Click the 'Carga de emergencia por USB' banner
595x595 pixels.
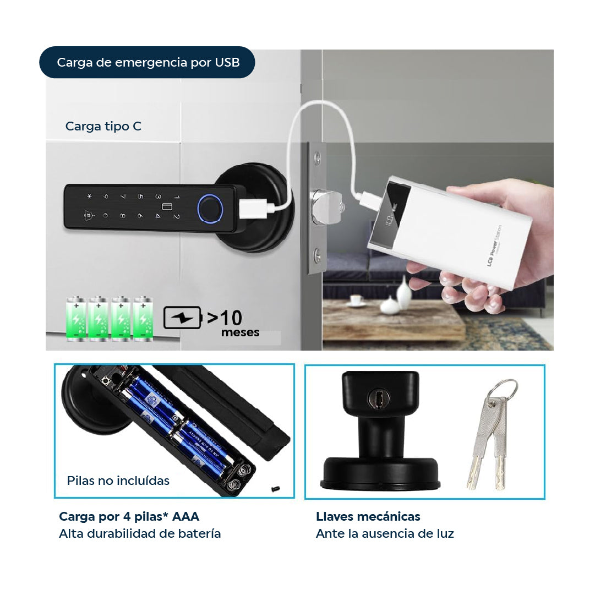148,62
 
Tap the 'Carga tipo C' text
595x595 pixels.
103,126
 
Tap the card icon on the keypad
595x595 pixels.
166,208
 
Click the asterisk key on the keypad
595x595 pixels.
88,196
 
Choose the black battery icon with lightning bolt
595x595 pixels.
183,318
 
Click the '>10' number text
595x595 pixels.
225,318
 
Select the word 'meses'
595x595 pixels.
240,332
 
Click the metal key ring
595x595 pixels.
504,391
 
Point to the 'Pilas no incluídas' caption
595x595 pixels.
118,481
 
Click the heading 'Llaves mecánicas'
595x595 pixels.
368,516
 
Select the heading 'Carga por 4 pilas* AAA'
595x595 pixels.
129,516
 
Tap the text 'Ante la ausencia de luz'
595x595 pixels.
385,533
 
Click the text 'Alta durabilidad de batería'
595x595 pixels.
140,533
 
